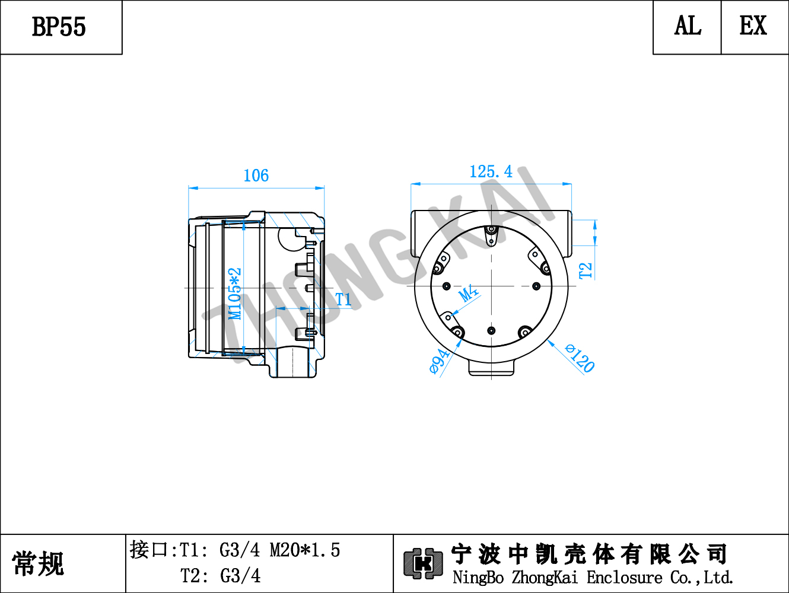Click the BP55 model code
pyautogui.click(x=59, y=27)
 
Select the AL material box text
pyautogui.click(x=688, y=25)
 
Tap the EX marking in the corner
pyautogui.click(x=753, y=25)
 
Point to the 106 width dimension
pyautogui.click(x=256, y=176)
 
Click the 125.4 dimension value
pyautogui.click(x=491, y=172)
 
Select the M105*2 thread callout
pyautogui.click(x=235, y=294)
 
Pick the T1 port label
pyautogui.click(x=343, y=299)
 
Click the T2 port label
pyautogui.click(x=586, y=270)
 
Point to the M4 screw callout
pyautogui.click(x=469, y=294)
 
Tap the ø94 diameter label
pyautogui.click(x=440, y=361)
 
